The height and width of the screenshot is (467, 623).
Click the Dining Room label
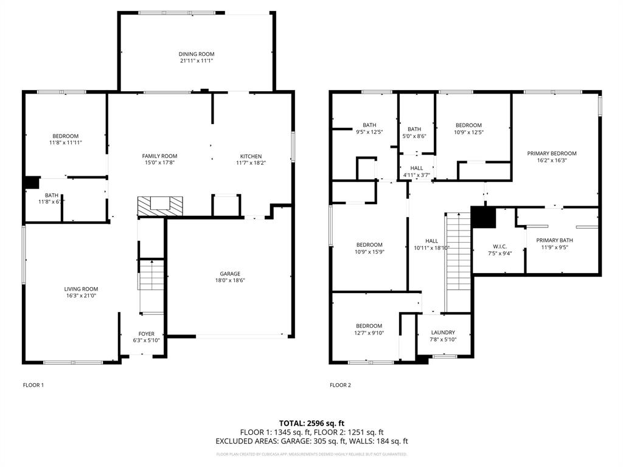(197, 54)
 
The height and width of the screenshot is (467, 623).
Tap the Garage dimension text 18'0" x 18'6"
(230, 280)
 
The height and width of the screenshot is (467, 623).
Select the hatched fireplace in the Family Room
(160, 206)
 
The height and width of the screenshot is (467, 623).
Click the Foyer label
(147, 333)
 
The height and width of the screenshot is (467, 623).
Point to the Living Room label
(81, 289)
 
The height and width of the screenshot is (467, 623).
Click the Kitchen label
(251, 156)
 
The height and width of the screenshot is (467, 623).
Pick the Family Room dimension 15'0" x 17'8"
(159, 163)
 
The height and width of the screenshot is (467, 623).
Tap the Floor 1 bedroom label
(65, 136)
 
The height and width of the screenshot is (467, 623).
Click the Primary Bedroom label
(551, 153)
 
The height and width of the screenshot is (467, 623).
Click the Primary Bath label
(554, 240)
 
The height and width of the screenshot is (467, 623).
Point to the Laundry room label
(443, 332)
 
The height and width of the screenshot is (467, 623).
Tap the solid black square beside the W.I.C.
(484, 216)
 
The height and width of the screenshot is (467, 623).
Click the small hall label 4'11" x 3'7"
(417, 175)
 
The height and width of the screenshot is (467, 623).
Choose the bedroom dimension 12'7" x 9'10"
(369, 333)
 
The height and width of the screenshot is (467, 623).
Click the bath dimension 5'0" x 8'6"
(414, 136)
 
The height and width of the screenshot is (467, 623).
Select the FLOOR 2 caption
(340, 385)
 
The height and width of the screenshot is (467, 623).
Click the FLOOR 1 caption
(33, 385)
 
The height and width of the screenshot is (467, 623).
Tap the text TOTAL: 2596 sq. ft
(311, 423)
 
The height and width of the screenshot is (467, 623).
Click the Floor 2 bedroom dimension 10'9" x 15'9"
(369, 252)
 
